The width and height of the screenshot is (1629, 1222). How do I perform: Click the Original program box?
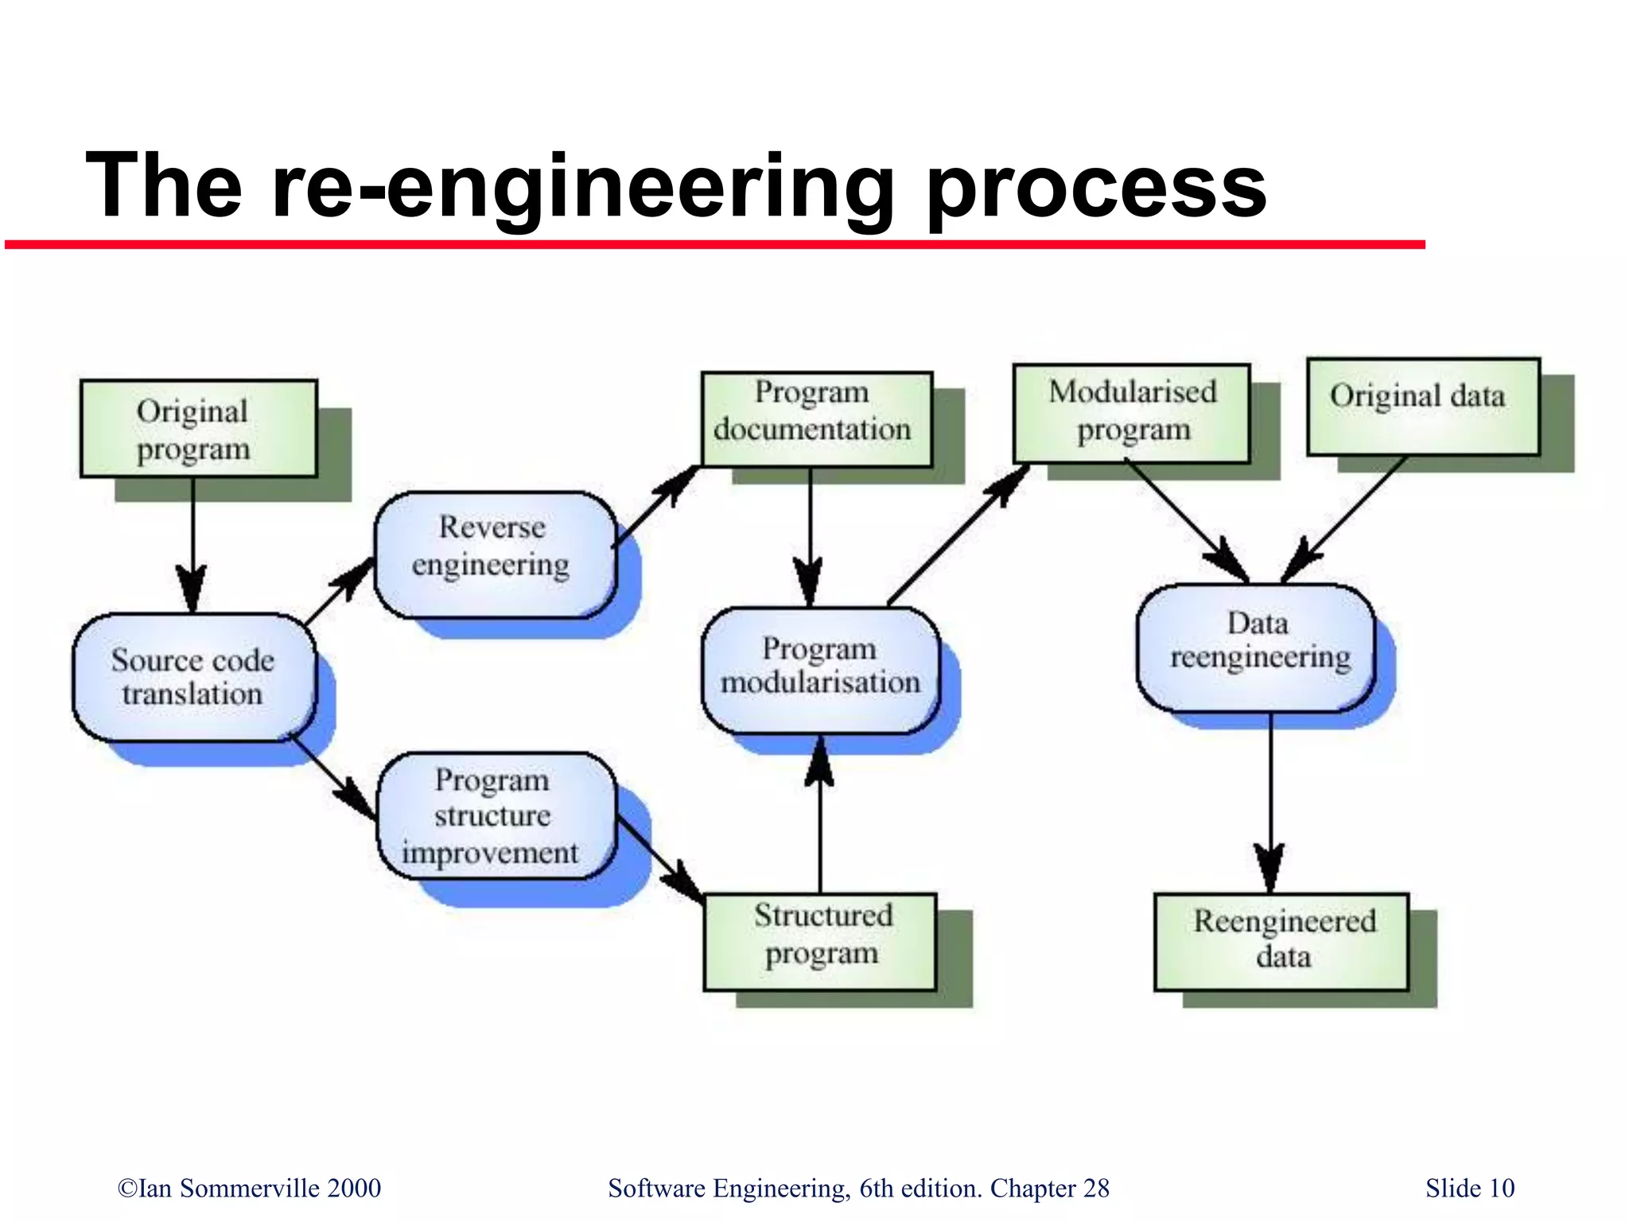[x=199, y=429]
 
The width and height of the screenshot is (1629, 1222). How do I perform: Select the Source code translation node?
[x=193, y=677]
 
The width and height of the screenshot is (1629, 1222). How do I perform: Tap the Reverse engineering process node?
[x=494, y=554]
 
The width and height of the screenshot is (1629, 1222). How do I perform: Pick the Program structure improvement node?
[x=494, y=815]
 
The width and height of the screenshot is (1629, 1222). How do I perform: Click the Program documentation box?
[x=816, y=418]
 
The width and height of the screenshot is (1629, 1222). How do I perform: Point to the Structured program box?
[x=820, y=941]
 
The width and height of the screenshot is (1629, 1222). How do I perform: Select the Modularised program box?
[x=1131, y=413]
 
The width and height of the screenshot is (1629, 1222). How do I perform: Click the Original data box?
[x=1423, y=407]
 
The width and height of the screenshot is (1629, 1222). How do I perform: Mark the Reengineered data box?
[x=1281, y=941]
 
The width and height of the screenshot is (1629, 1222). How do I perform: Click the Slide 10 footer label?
[x=1469, y=1188]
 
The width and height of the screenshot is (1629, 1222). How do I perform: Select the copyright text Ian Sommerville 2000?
[x=250, y=1188]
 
